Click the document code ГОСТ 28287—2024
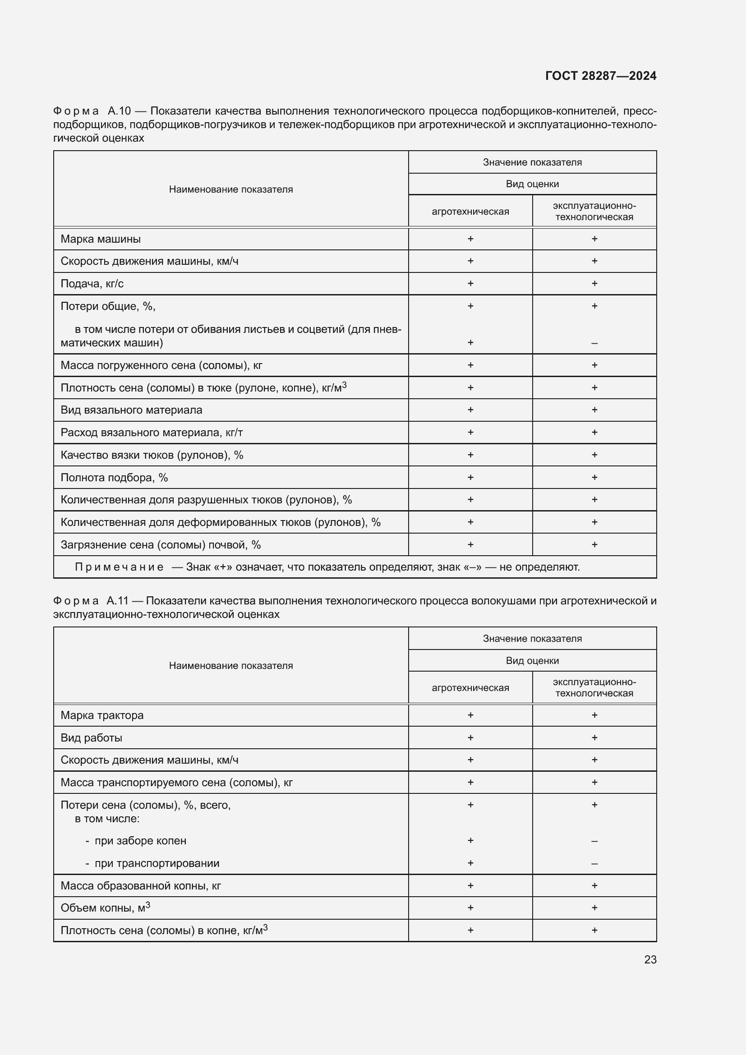tap(600, 76)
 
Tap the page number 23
tap(650, 959)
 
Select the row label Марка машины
tap(101, 239)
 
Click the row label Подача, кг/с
tap(92, 284)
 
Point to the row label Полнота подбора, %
tap(114, 477)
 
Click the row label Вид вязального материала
tap(131, 410)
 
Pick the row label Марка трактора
tap(102, 715)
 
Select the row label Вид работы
tap(92, 737)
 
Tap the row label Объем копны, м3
tap(105, 908)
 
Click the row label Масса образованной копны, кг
tap(141, 885)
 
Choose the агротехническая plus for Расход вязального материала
tap(470, 433)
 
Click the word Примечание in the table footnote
tap(119, 567)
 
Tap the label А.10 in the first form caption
tap(119, 111)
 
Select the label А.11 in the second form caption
tap(117, 600)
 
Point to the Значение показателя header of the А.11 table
tap(532, 638)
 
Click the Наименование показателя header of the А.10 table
tap(230, 189)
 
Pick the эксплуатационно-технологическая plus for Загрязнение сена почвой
tap(594, 544)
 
